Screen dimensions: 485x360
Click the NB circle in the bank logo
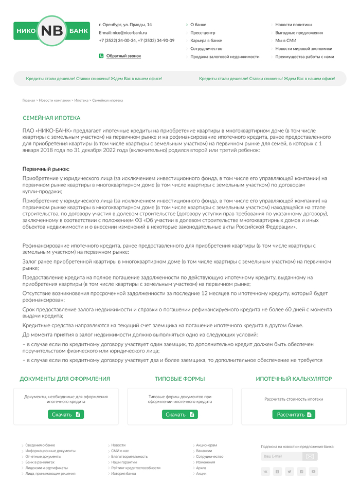coord(52,31)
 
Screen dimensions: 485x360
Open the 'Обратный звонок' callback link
coord(123,56)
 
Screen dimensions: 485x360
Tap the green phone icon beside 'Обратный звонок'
coord(101,56)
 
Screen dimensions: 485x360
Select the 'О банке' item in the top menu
coord(198,25)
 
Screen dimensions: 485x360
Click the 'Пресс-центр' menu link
coord(203,32)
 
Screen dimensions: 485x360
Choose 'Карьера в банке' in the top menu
coord(206,41)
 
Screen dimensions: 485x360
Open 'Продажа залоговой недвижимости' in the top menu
coord(225,57)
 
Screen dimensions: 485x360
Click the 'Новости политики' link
coord(293,25)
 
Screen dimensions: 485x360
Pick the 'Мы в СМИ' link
coord(285,41)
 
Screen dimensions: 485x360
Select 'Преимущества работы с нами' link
coord(304,57)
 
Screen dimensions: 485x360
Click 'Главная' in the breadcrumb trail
coord(29,100)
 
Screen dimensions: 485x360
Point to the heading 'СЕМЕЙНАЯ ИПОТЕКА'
coord(51,118)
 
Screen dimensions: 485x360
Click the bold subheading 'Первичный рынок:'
coord(46,169)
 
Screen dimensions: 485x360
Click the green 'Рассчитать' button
coord(294,414)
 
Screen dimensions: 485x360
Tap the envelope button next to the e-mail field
coord(310,456)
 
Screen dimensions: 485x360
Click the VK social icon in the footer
coord(266,471)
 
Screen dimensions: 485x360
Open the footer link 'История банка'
coord(123,474)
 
